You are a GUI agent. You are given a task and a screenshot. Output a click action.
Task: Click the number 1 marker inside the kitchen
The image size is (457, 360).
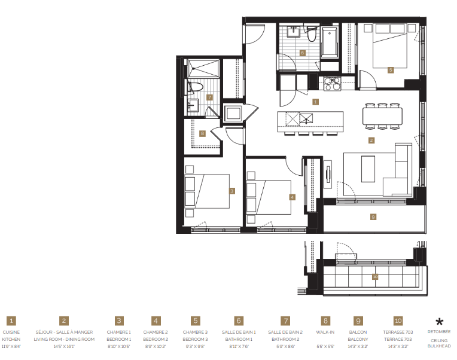(x=315, y=102)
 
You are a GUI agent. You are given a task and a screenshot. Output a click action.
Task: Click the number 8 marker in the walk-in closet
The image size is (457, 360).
(x=203, y=133)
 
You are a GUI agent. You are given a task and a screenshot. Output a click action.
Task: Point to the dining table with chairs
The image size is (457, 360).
(x=382, y=116)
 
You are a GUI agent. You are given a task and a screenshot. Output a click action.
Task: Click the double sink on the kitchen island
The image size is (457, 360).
(x=299, y=118)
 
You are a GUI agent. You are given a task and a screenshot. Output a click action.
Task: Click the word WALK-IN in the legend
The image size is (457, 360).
(x=325, y=331)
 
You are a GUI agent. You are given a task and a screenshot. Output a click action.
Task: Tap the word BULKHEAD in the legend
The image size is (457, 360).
(x=440, y=347)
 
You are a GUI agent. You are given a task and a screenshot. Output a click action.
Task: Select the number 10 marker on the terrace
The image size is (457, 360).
(x=375, y=276)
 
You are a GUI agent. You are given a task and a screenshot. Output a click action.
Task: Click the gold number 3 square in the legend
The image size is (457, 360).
(x=119, y=321)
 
